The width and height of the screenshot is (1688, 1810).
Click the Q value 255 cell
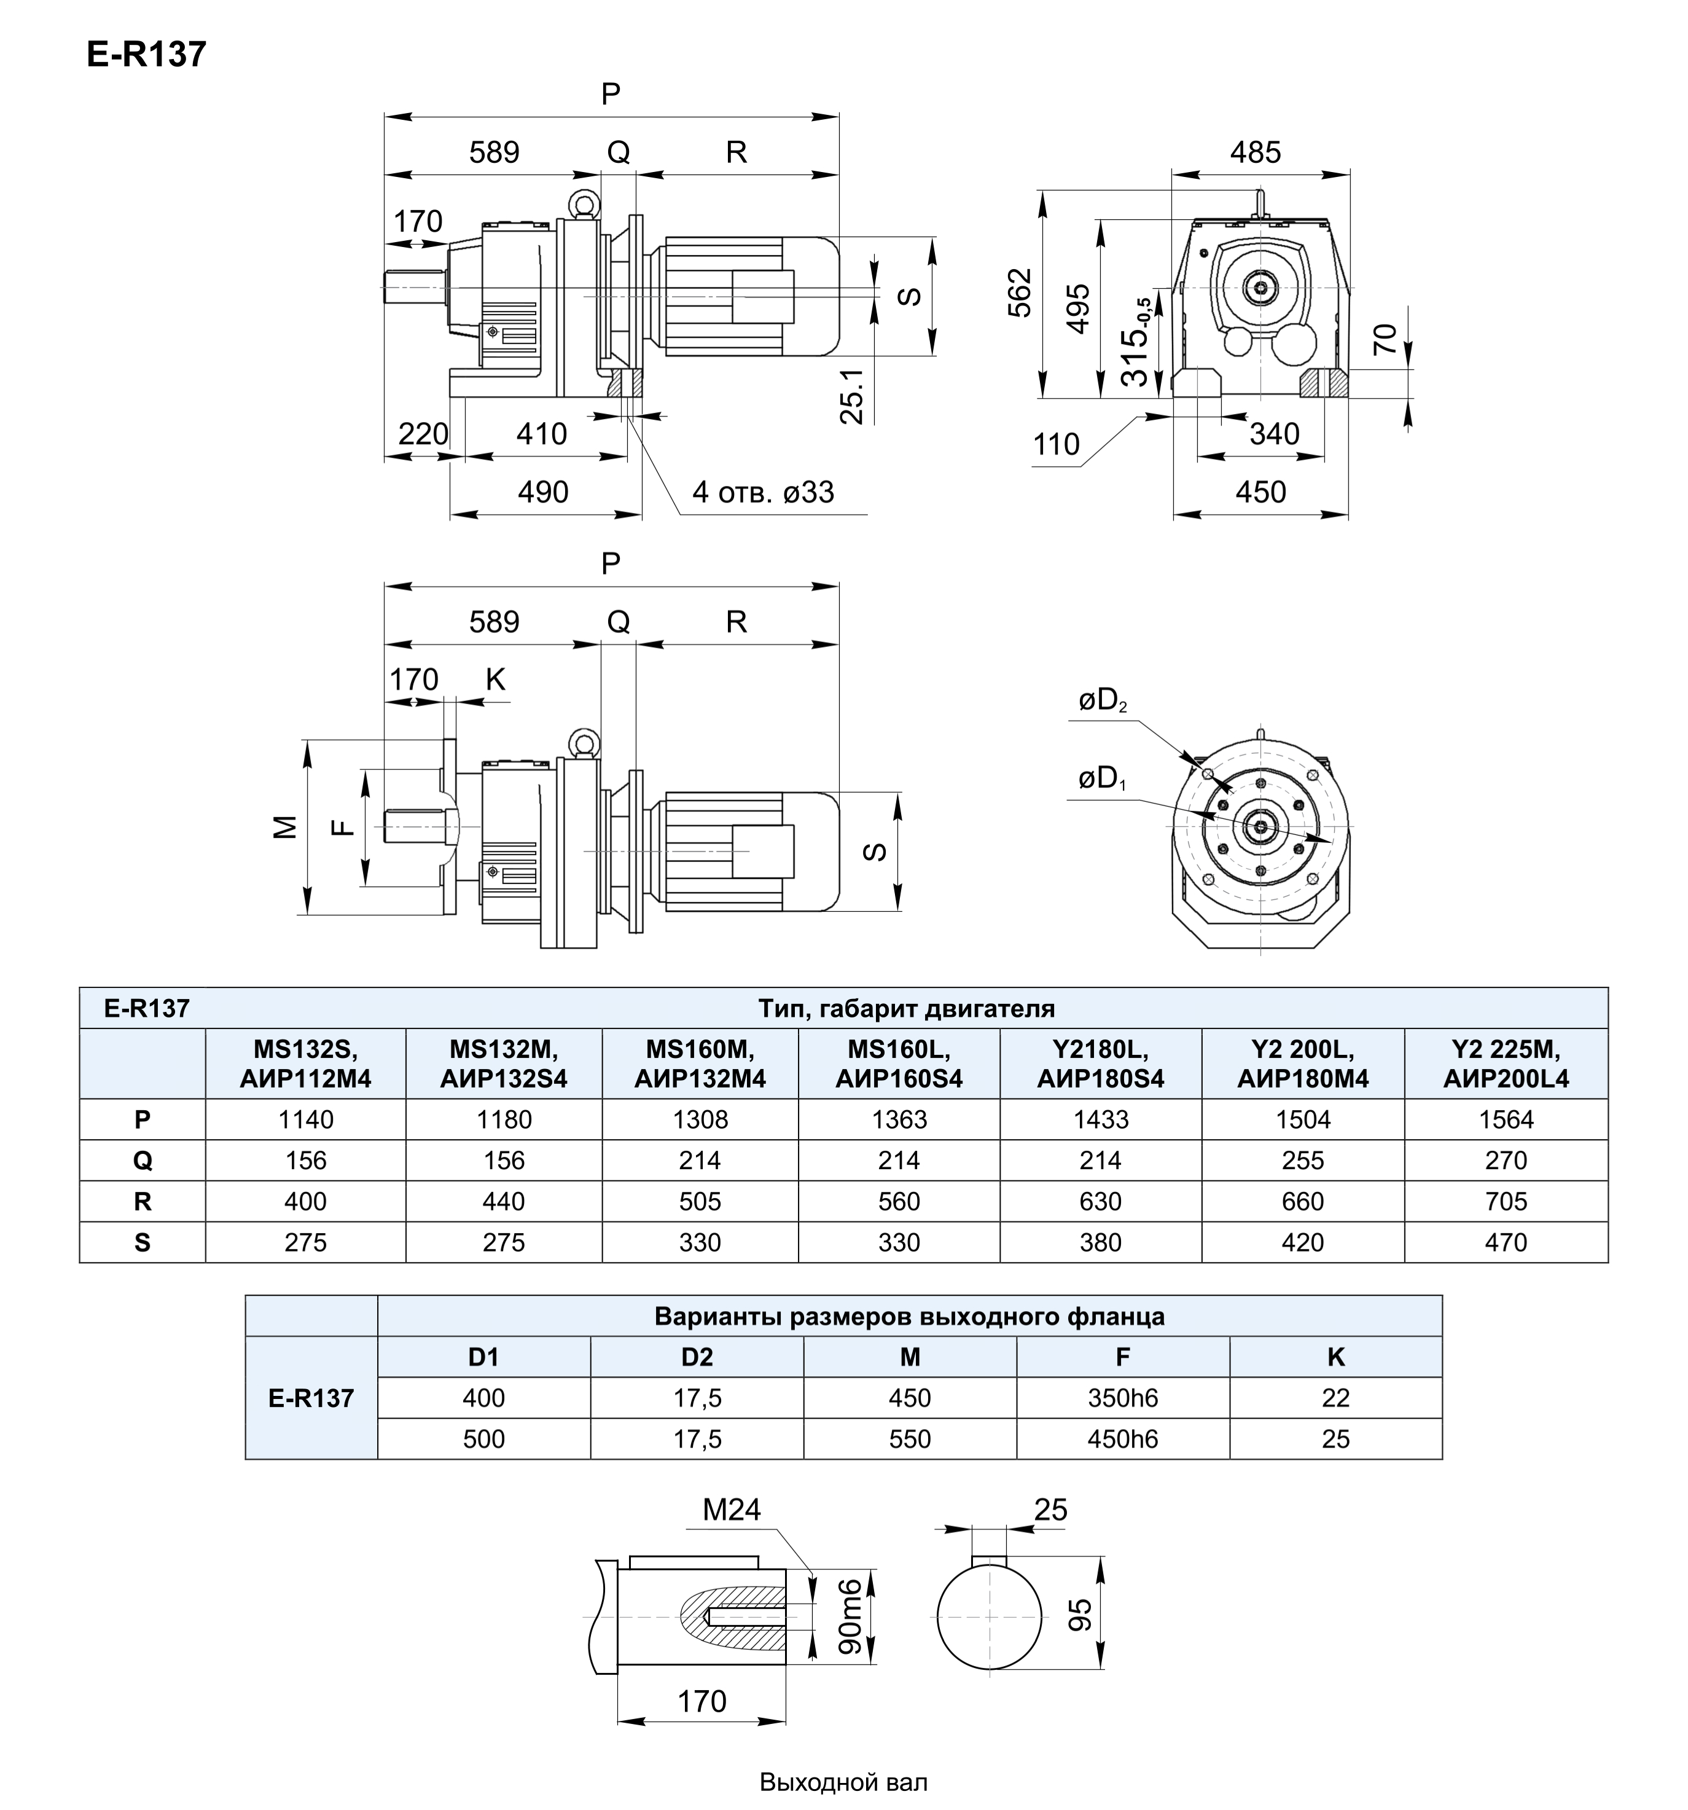(1302, 1160)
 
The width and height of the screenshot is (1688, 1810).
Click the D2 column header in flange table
(697, 1357)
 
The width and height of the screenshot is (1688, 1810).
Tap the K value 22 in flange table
(1335, 1398)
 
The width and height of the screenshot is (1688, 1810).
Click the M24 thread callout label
(731, 1510)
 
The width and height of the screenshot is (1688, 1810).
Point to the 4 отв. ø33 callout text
(763, 492)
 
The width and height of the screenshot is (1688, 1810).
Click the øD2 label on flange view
(1101, 700)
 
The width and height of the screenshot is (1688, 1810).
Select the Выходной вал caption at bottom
(843, 1782)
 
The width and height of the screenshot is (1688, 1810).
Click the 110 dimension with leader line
(1056, 444)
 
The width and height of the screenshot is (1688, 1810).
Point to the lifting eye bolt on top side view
(581, 205)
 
